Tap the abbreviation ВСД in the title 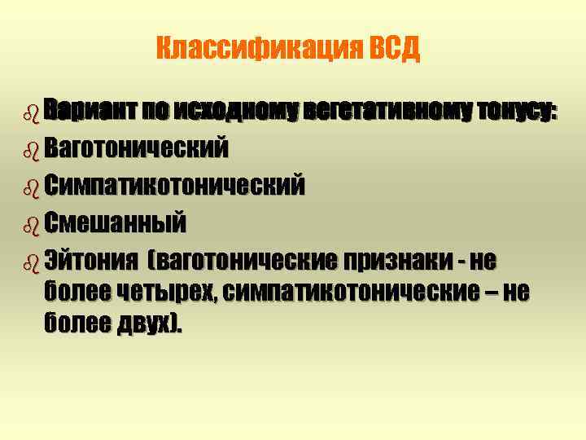[395, 50]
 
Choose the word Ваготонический [137, 148]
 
